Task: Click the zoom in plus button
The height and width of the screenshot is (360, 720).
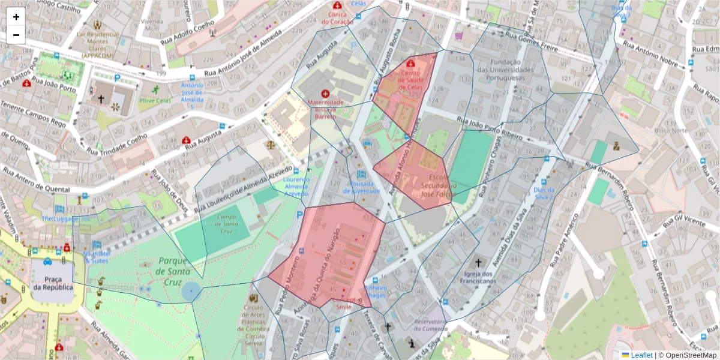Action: [16, 17]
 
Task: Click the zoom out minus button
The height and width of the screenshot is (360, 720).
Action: [16, 35]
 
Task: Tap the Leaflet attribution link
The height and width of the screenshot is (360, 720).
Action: [641, 355]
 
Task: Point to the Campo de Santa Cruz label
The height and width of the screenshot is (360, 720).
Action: [227, 223]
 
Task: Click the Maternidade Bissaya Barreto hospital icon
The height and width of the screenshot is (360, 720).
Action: [325, 94]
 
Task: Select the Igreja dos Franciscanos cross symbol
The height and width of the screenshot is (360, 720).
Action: [478, 262]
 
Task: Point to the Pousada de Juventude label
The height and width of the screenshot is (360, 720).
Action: [361, 187]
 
